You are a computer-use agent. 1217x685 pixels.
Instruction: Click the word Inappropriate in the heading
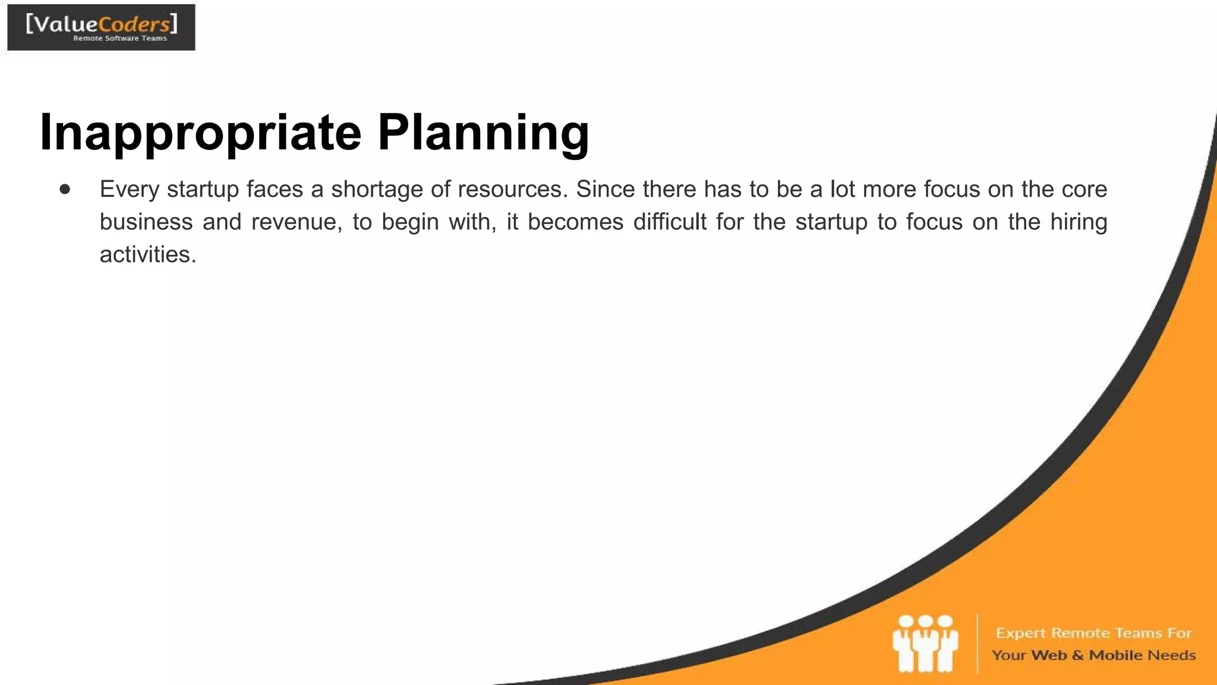tap(200, 133)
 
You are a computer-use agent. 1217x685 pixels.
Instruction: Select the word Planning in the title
tap(483, 133)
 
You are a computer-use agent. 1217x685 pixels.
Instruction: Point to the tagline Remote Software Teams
tap(120, 39)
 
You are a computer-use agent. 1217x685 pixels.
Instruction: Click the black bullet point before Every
tap(65, 190)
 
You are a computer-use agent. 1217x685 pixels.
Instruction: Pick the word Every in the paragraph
tap(130, 189)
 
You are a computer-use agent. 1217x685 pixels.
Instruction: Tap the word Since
tap(606, 189)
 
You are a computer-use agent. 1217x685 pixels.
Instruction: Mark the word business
tap(146, 222)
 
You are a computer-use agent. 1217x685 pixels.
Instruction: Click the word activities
tap(147, 254)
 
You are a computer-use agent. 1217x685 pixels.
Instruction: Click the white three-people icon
tap(925, 643)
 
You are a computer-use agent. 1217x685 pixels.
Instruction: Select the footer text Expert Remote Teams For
tap(1093, 633)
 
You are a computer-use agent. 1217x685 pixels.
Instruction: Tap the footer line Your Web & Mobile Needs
tap(1093, 655)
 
